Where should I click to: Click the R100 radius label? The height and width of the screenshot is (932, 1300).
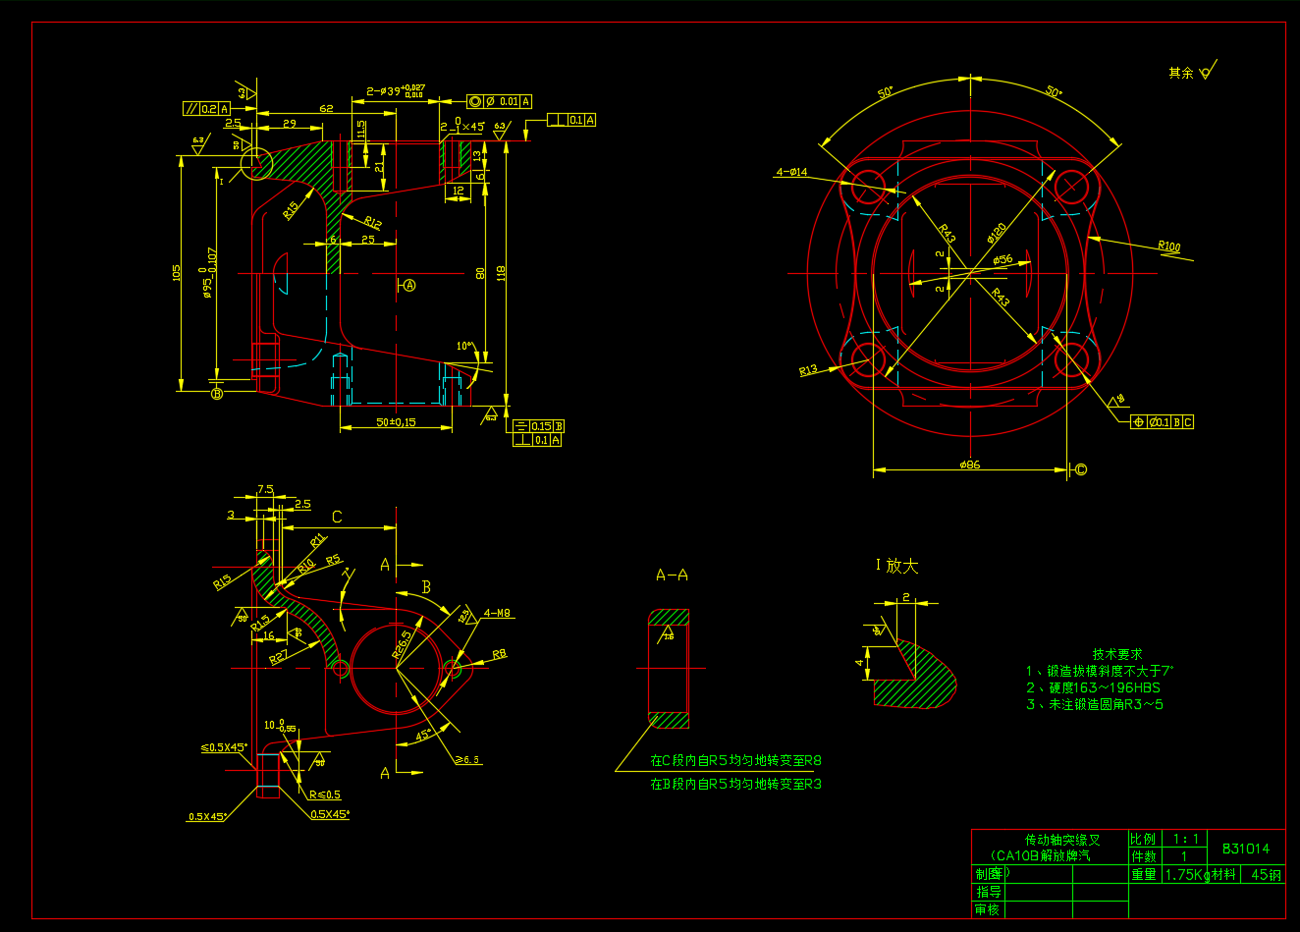click(x=1168, y=247)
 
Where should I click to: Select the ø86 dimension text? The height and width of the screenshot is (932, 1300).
click(x=969, y=465)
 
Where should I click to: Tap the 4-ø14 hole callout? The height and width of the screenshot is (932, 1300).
click(x=791, y=173)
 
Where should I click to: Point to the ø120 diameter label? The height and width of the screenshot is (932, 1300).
click(x=996, y=233)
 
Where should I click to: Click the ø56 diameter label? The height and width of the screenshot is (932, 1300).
click(x=1002, y=260)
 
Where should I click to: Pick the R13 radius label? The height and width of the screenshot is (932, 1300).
click(x=808, y=370)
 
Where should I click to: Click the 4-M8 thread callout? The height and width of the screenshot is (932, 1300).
click(x=497, y=614)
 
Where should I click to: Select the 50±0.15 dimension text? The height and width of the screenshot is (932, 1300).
click(x=396, y=422)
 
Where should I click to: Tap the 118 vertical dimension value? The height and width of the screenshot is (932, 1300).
click(x=501, y=273)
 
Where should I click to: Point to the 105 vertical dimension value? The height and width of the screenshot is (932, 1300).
click(x=178, y=272)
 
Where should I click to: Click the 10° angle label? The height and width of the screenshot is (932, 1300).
click(x=464, y=347)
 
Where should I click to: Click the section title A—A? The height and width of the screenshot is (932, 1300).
click(x=672, y=575)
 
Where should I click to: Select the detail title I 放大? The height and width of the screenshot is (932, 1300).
click(x=896, y=566)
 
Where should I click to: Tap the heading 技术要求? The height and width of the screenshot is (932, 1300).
click(x=1117, y=654)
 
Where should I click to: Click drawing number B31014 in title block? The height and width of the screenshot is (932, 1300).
click(x=1245, y=849)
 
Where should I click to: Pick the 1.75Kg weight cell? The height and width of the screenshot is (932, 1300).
click(x=1185, y=874)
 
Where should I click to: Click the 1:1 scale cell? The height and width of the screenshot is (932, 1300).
click(x=1185, y=840)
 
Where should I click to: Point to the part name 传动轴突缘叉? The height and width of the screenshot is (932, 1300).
click(x=1062, y=840)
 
